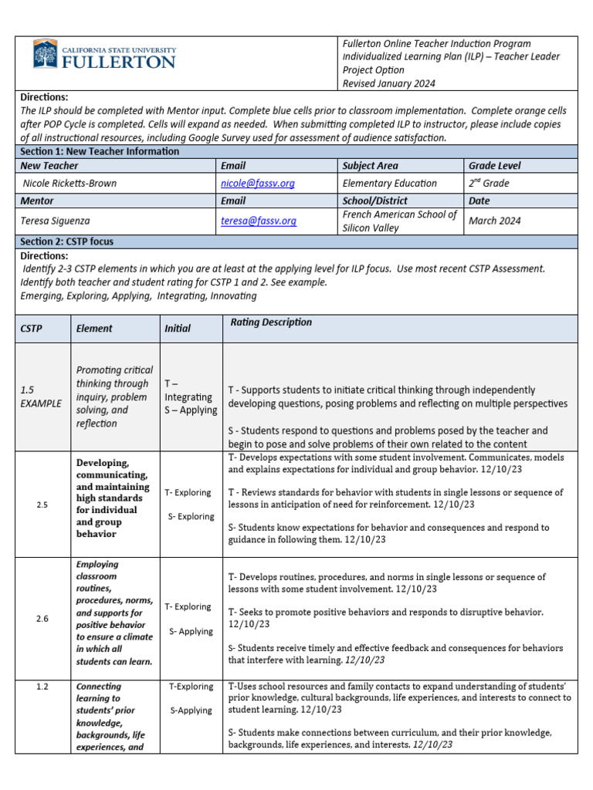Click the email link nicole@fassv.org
click(x=257, y=184)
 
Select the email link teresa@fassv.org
click(x=258, y=221)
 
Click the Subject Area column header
click(x=370, y=166)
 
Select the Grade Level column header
click(x=494, y=166)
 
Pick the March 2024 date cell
click(x=494, y=221)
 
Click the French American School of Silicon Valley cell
click(x=399, y=221)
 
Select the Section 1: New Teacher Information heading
click(x=100, y=151)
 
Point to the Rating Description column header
click(x=271, y=322)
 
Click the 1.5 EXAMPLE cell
click(x=39, y=397)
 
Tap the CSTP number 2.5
click(x=42, y=505)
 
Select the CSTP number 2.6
click(x=42, y=619)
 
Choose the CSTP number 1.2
click(x=42, y=686)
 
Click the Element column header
click(x=94, y=329)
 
